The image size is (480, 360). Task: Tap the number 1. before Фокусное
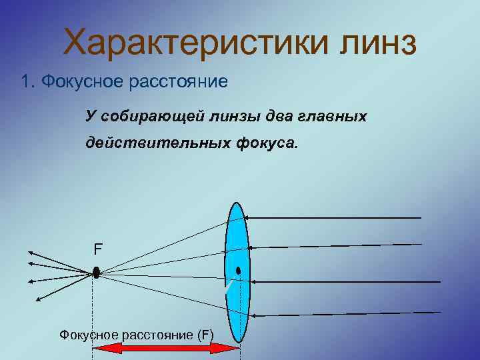[27, 82]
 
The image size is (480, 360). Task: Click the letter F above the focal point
[98, 250]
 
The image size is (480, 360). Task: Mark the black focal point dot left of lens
[96, 273]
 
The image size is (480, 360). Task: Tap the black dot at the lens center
[238, 271]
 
